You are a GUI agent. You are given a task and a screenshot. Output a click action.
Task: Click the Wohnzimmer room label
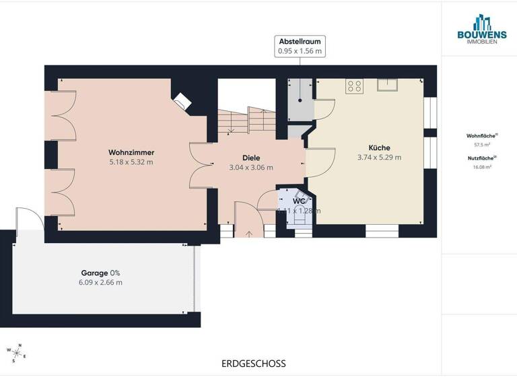point(131,152)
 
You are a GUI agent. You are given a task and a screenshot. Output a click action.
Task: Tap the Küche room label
point(379,147)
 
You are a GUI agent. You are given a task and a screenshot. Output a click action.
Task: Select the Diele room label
point(251,158)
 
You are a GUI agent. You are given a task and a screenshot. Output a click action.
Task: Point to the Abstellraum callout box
point(300,45)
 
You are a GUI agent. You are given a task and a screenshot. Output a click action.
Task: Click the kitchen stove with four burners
point(354,86)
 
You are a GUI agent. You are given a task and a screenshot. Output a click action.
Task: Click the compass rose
point(14,351)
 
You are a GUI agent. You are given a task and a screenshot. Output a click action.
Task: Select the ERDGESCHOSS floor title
point(253,364)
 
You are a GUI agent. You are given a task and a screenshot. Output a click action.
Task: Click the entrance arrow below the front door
point(249,234)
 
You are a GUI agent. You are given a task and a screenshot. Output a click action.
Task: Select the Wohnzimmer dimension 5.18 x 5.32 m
point(131,162)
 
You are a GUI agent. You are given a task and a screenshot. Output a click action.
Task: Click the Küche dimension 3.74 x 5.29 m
point(379,158)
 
